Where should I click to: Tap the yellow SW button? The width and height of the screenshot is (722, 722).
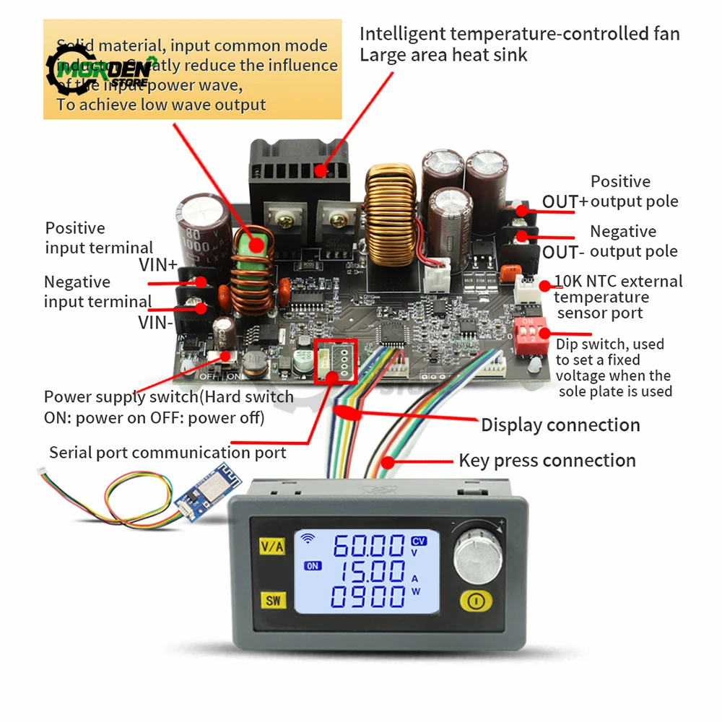[x=274, y=600]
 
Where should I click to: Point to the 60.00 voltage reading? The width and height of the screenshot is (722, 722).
[x=368, y=547]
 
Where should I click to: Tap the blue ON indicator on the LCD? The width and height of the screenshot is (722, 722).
[x=313, y=566]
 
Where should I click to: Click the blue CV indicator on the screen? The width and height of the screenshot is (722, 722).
[x=419, y=541]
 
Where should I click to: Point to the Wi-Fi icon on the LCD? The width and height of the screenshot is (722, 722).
[x=308, y=538]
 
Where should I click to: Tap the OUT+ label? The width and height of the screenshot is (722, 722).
[x=565, y=201]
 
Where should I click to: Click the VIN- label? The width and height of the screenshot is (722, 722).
[x=157, y=323]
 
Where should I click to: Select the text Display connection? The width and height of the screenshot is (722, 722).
[x=560, y=425]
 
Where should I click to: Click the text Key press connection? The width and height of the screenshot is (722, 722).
[x=547, y=461]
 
